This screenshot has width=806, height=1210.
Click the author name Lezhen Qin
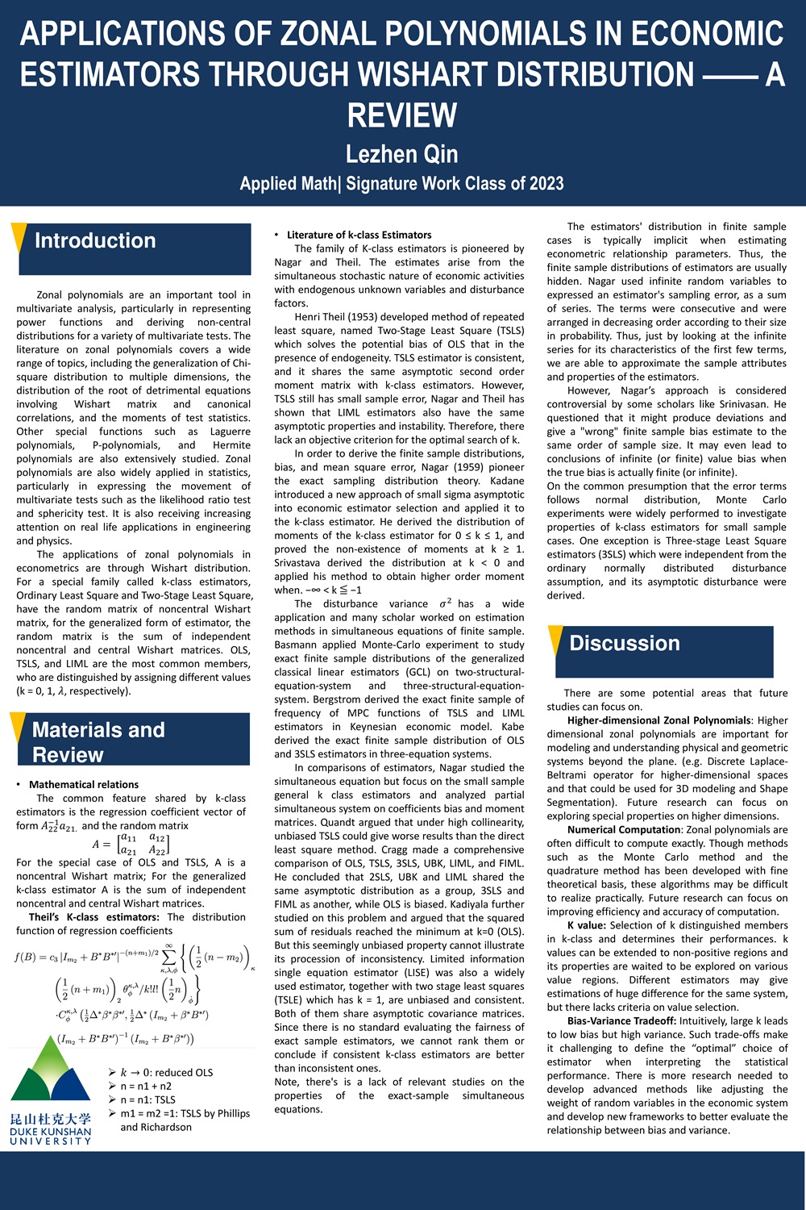pyautogui.click(x=401, y=154)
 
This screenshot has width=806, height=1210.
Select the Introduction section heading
pyautogui.click(x=95, y=240)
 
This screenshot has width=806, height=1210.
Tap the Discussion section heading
pyautogui.click(x=625, y=643)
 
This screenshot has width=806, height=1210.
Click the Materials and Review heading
pyautogui.click(x=98, y=742)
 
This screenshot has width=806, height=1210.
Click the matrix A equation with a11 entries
pyautogui.click(x=132, y=844)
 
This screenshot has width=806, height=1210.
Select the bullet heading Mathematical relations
pyautogui.click(x=84, y=784)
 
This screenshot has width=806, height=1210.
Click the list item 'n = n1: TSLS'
pyautogui.click(x=147, y=1099)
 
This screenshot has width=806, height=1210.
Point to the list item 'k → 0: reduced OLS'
pyautogui.click(x=166, y=1072)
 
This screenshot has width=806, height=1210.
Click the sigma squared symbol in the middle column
pyautogui.click(x=445, y=603)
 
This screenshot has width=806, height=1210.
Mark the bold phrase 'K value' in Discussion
pyautogui.click(x=586, y=925)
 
